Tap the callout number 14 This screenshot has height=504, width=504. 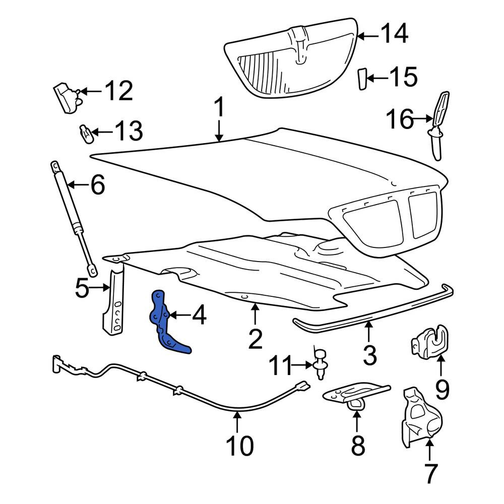(x=395, y=33)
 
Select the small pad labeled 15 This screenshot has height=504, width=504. (x=362, y=79)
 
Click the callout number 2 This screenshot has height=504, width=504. (x=256, y=339)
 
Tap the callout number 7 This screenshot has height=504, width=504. (x=431, y=473)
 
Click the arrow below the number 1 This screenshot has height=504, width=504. (x=219, y=131)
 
